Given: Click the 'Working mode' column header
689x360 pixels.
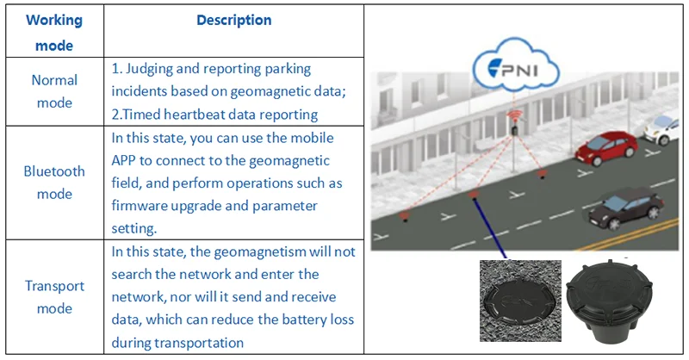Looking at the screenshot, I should [53, 32].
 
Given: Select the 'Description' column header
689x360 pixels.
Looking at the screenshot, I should [233, 20].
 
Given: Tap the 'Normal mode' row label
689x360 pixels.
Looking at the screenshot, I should [54, 91].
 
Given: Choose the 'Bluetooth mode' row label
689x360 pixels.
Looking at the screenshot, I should [54, 182].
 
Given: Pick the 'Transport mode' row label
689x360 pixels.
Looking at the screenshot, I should [54, 296].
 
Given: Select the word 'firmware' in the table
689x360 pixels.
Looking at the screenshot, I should [140, 206].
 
